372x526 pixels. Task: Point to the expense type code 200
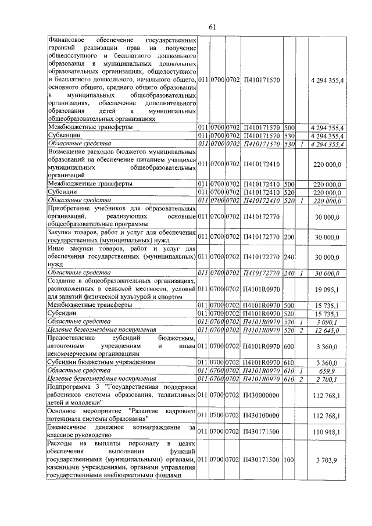click(289, 237)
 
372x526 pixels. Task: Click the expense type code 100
click(289, 460)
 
